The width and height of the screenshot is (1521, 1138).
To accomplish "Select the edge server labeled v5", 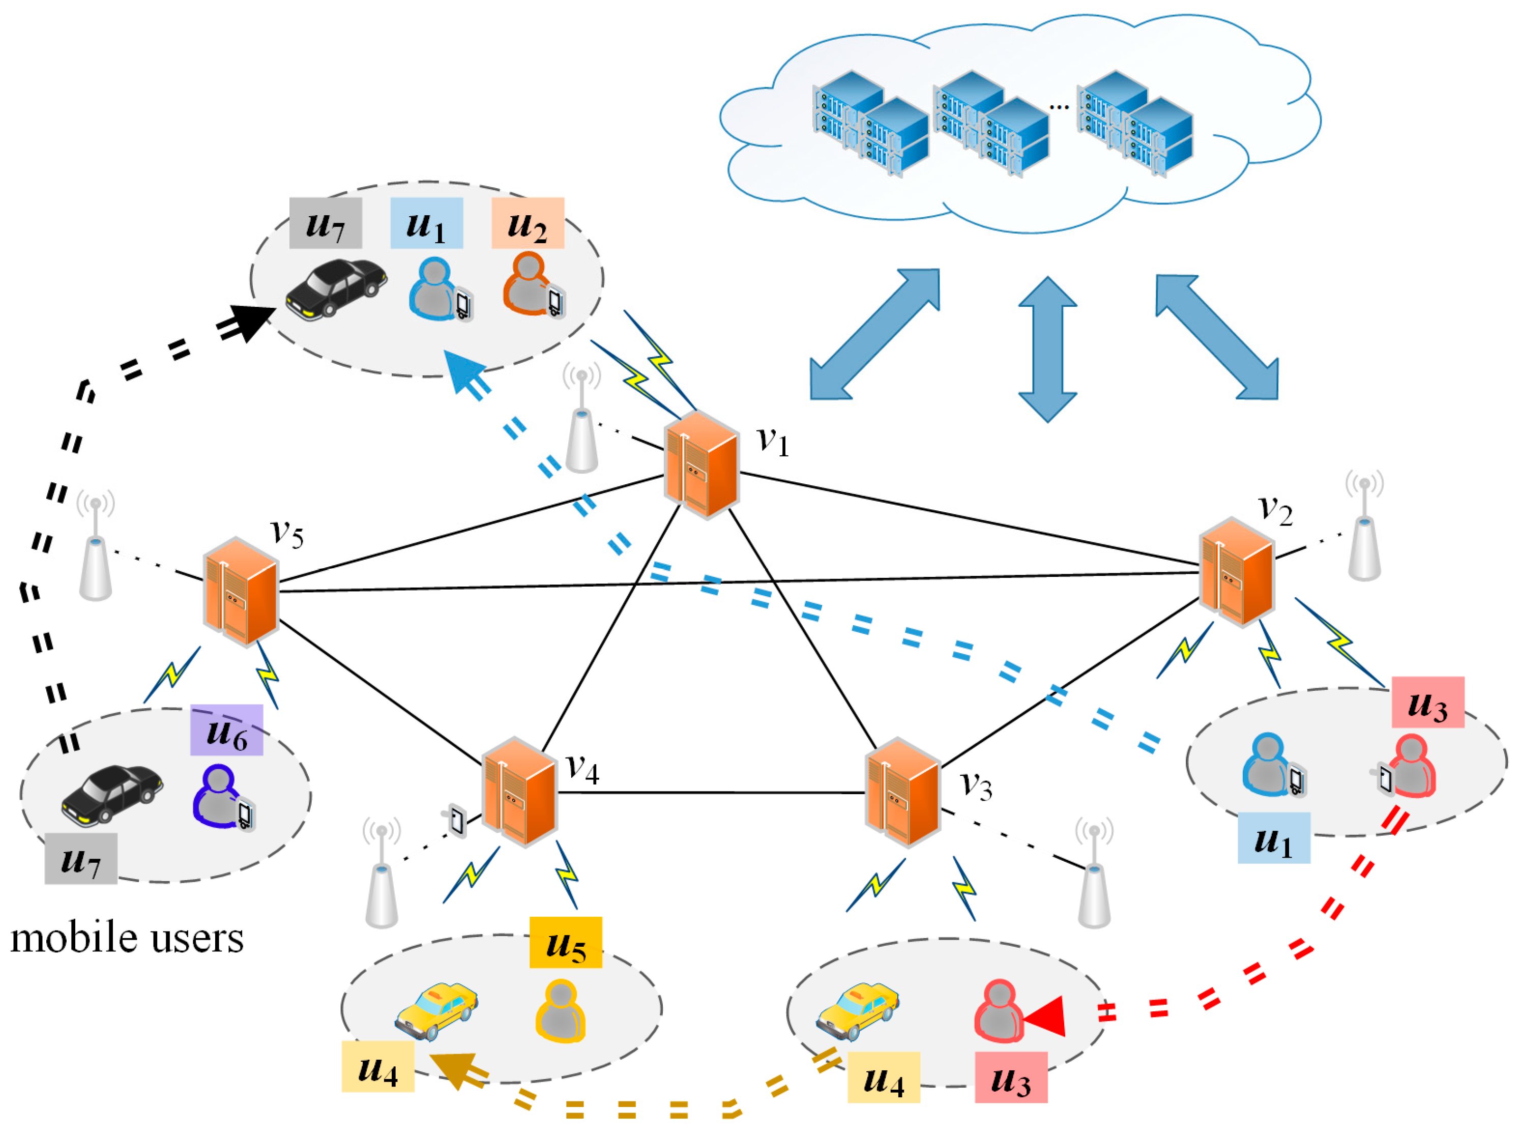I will pos(241,591).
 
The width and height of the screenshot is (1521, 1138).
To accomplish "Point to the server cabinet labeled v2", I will pos(1236,572).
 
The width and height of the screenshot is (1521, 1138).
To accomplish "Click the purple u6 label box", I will pos(226,730).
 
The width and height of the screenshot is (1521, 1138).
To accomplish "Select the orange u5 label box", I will pos(565,942).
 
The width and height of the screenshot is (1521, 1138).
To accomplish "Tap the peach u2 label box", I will pos(528,223).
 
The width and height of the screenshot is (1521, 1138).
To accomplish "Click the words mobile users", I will pos(127,938).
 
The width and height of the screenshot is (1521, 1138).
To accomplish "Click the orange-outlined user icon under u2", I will pos(528,283).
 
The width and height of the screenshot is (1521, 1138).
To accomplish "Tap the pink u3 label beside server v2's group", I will pos(1427,702).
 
